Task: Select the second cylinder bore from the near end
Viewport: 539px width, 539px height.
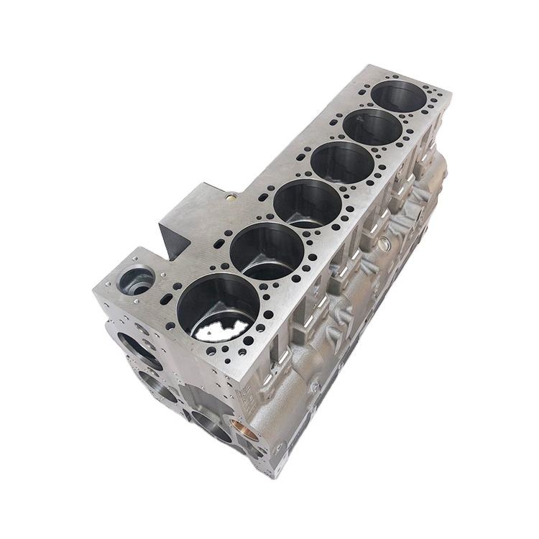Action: point(267,251)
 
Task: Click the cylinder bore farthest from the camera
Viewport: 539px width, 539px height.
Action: point(400,96)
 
